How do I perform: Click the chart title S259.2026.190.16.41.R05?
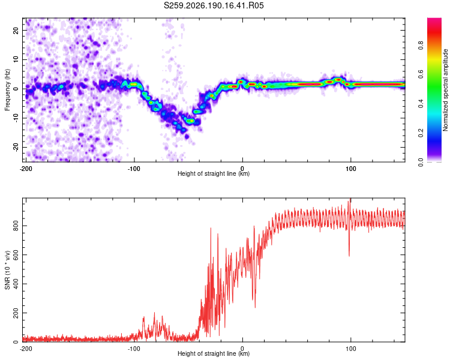pyautogui.click(x=214, y=5)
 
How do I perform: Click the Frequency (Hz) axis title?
pyautogui.click(x=7, y=90)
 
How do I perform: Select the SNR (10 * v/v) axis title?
pyautogui.click(x=7, y=270)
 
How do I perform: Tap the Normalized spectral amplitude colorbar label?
pyautogui.click(x=445, y=90)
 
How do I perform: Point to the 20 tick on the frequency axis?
pyautogui.click(x=16, y=30)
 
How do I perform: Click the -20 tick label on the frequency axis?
pyautogui.click(x=16, y=147)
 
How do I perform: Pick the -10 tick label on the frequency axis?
pyautogui.click(x=16, y=118)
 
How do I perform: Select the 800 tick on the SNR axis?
pyautogui.click(x=16, y=226)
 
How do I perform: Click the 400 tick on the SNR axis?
pyautogui.click(x=16, y=284)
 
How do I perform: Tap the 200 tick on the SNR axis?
pyautogui.click(x=16, y=313)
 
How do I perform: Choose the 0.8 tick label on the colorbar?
pyautogui.click(x=421, y=46)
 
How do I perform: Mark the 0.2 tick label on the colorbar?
pyautogui.click(x=421, y=133)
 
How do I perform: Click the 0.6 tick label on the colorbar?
pyautogui.click(x=421, y=74)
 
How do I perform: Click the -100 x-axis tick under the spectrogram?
pyautogui.click(x=134, y=169)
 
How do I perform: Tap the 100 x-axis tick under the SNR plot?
pyautogui.click(x=350, y=349)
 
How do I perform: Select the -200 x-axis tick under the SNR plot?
pyautogui.click(x=26, y=349)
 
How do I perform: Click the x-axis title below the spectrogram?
pyautogui.click(x=214, y=173)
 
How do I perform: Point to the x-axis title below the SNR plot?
pyautogui.click(x=214, y=353)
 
